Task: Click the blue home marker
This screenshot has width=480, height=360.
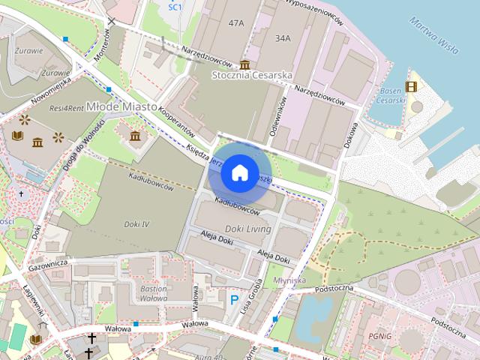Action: pyautogui.click(x=239, y=172)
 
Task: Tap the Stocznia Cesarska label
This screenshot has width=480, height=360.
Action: pyautogui.click(x=252, y=75)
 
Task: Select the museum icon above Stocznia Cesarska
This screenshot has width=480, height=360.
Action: pyautogui.click(x=244, y=64)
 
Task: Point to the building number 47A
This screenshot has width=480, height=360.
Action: pyautogui.click(x=236, y=23)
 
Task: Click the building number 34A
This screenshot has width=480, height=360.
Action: pyautogui.click(x=283, y=37)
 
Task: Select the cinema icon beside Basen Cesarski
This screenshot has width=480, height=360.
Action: pyautogui.click(x=410, y=86)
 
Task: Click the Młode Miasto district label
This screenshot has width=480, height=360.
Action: pyautogui.click(x=120, y=107)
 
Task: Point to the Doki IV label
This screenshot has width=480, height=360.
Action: pyautogui.click(x=136, y=223)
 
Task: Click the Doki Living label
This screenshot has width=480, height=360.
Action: pyautogui.click(x=248, y=228)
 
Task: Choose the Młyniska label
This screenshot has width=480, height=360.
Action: pyautogui.click(x=290, y=280)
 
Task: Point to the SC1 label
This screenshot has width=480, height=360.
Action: pyautogui.click(x=175, y=7)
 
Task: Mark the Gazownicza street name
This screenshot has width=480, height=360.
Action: pyautogui.click(x=48, y=264)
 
